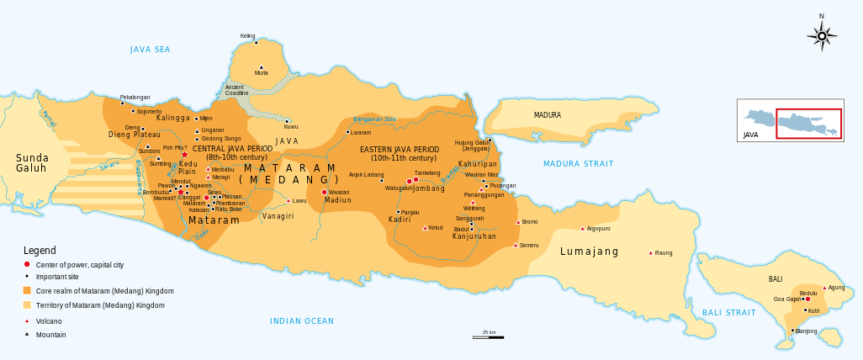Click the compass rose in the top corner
(x=822, y=35)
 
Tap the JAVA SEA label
(x=150, y=50)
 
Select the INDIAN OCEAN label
(x=301, y=321)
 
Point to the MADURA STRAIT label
(x=578, y=164)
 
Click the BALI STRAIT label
(x=728, y=313)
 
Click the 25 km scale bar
(x=488, y=336)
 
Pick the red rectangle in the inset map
(x=807, y=123)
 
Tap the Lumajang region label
(x=589, y=251)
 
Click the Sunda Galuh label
(x=32, y=163)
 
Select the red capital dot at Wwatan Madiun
(x=325, y=193)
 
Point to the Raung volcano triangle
(x=650, y=252)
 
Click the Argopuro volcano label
(x=597, y=229)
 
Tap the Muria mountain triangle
(x=262, y=67)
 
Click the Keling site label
(x=247, y=36)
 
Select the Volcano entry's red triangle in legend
(x=27, y=320)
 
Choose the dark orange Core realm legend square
(x=27, y=290)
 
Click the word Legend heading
(x=40, y=251)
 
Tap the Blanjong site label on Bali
(x=806, y=331)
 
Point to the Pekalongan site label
(x=135, y=97)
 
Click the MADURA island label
(x=547, y=115)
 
